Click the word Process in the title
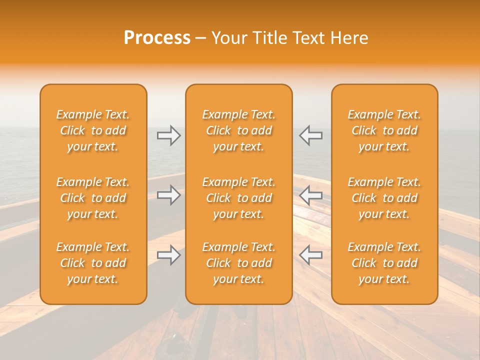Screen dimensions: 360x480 157,38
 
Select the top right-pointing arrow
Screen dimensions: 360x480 169,135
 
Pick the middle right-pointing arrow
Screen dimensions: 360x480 169,195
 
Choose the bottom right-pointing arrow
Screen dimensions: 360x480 169,255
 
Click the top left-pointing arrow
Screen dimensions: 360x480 310,135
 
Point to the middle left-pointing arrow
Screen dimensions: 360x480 310,195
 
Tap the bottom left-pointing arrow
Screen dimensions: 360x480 310,255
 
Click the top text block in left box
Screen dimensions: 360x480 93,130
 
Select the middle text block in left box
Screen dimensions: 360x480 93,198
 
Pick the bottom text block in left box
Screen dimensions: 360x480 93,263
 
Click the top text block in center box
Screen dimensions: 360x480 238,130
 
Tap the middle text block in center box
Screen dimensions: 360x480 238,198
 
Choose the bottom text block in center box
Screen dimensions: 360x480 238,263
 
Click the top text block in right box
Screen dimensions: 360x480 384,130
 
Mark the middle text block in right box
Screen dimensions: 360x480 384,198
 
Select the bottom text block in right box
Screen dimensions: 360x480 384,263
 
